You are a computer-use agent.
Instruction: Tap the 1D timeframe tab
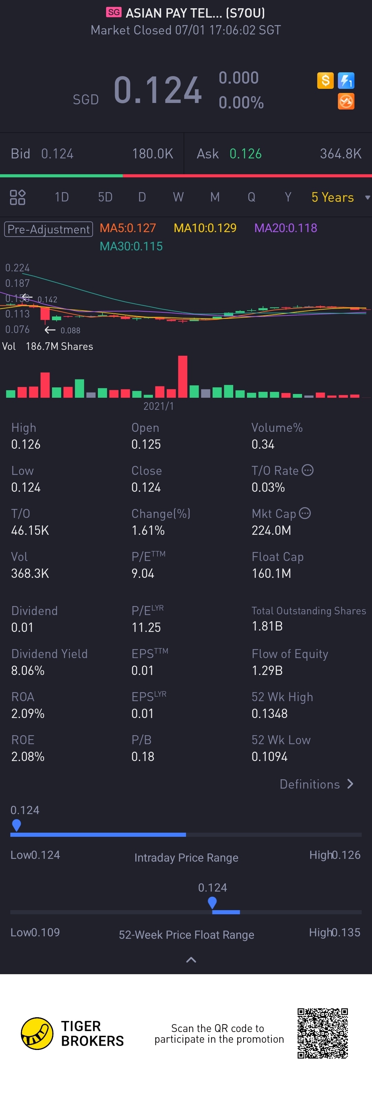point(62,197)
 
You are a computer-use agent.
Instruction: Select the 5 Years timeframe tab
point(332,197)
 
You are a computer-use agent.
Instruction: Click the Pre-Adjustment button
point(48,229)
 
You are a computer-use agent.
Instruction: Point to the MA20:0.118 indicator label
point(286,228)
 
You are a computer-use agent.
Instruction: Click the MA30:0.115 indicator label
point(131,247)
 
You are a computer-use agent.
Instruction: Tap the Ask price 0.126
point(246,154)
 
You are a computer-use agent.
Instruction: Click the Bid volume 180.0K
point(152,154)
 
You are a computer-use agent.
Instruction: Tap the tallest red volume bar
point(183,376)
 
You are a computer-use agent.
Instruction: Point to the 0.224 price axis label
point(17,268)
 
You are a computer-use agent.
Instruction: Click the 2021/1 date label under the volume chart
point(158,406)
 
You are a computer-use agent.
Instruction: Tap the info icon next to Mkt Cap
point(305,513)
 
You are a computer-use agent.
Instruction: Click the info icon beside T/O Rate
point(308,470)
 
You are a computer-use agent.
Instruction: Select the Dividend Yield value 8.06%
point(28,670)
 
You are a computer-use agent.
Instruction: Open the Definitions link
point(316,784)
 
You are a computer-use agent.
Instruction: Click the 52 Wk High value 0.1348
point(269,714)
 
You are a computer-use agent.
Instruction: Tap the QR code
point(322,1033)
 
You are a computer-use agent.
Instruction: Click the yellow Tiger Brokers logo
point(37,1033)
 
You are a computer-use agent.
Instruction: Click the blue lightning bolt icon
point(346,80)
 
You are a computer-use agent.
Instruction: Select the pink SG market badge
point(114,12)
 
